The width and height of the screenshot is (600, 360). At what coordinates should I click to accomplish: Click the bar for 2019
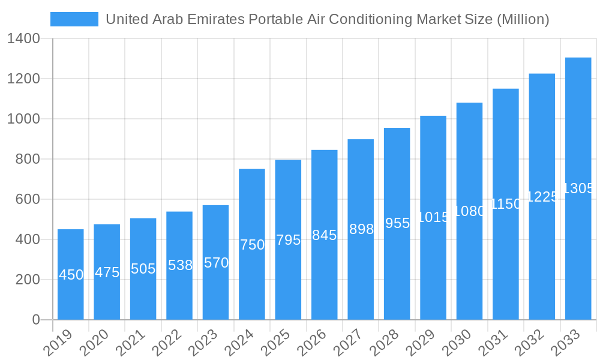(71, 274)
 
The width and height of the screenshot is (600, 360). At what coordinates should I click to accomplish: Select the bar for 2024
(252, 244)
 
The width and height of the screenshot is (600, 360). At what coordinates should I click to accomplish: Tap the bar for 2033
(578, 188)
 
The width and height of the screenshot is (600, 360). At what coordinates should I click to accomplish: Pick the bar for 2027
(361, 229)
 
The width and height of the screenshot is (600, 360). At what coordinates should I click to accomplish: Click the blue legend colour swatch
(74, 19)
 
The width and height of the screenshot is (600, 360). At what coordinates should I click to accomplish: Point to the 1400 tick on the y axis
(23, 39)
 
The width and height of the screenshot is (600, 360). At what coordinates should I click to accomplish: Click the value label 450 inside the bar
(71, 275)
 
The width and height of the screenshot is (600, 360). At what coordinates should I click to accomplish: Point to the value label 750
(252, 245)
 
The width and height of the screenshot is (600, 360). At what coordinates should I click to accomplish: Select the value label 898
(361, 229)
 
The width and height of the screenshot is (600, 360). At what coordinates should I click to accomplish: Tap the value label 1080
(470, 211)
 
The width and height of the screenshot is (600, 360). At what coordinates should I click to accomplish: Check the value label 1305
(578, 188)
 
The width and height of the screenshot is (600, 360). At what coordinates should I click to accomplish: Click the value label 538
(179, 265)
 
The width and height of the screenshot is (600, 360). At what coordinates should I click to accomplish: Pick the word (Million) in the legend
(523, 19)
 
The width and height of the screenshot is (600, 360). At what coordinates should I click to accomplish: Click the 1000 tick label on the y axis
(23, 119)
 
